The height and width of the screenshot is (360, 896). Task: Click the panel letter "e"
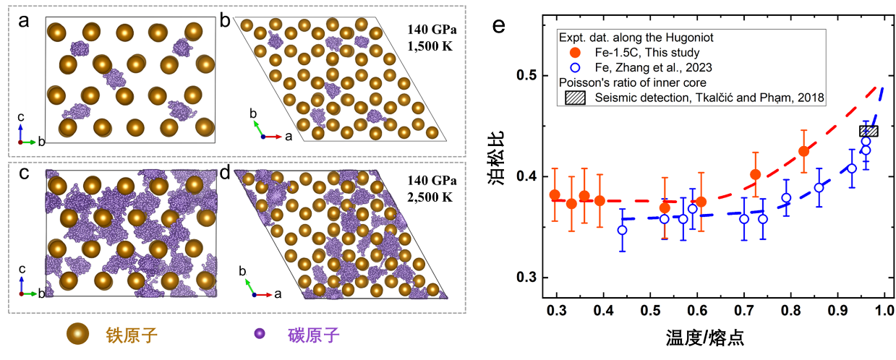(499, 27)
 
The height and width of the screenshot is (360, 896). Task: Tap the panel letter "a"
(25, 21)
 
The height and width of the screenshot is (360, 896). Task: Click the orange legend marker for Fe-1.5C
(575, 52)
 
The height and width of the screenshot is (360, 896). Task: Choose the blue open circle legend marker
(575, 67)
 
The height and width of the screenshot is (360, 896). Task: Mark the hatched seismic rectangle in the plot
(869, 131)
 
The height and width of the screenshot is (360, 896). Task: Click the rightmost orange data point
(803, 151)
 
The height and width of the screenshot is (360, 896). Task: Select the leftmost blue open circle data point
(622, 230)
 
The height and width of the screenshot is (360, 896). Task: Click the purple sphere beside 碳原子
(258, 334)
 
